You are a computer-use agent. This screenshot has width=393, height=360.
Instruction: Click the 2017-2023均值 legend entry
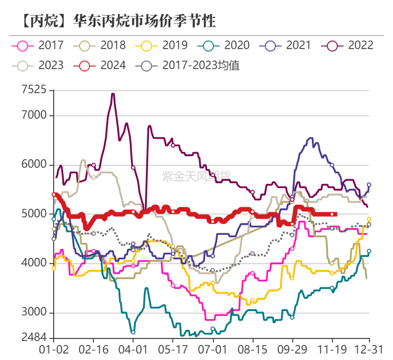click(190, 65)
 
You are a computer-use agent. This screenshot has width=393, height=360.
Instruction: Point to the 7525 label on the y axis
click(34, 90)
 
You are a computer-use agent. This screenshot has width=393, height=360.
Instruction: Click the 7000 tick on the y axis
click(34, 116)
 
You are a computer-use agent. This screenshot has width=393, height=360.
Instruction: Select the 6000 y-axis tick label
click(34, 165)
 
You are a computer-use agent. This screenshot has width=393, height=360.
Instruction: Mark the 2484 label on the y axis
click(34, 337)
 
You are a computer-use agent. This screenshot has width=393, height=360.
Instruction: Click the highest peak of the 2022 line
click(113, 94)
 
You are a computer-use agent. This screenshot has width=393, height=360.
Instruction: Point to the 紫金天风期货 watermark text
click(197, 176)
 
